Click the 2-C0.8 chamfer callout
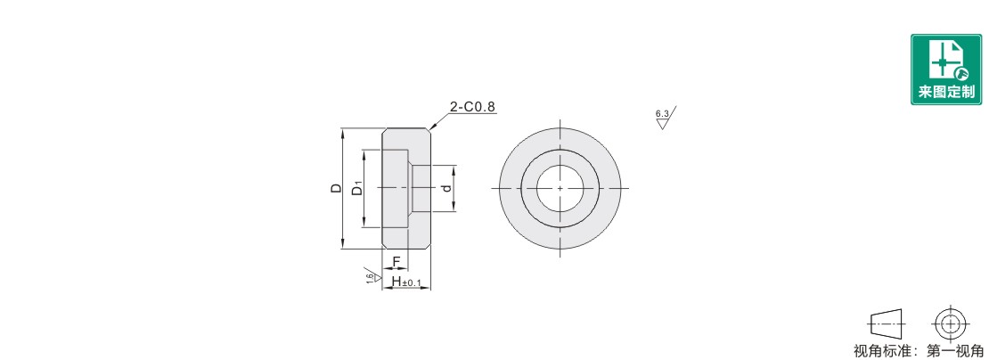[473, 107]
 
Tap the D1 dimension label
[357, 188]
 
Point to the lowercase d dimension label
[446, 188]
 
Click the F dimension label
[396, 262]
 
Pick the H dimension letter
[396, 281]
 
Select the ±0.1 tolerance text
[412, 283]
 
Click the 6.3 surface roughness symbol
[665, 118]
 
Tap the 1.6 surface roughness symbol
[372, 275]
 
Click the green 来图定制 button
[946, 70]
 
